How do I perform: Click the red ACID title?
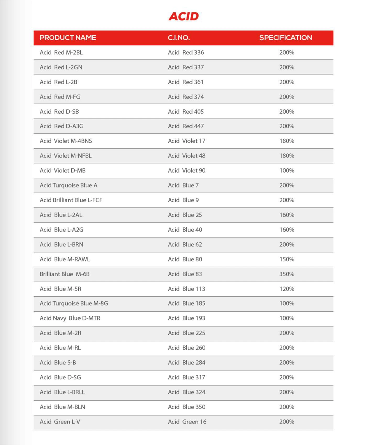tap(184, 16)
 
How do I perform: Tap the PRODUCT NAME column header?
tap(68, 38)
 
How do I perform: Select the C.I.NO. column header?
tap(179, 38)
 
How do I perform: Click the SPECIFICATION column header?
tap(285, 38)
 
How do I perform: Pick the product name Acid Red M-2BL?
tap(61, 52)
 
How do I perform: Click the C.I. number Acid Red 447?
tap(186, 126)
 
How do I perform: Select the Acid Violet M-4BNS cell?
tap(66, 141)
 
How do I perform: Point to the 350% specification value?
tap(287, 274)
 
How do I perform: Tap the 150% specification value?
tap(287, 259)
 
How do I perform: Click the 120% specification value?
tap(287, 289)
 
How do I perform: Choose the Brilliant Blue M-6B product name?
tap(64, 274)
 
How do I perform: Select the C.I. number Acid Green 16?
tap(187, 422)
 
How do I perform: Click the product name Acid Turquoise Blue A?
tap(68, 185)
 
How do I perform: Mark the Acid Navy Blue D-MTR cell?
tap(70, 318)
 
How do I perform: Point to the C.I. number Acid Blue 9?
tap(183, 200)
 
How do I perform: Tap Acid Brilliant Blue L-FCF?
tap(71, 200)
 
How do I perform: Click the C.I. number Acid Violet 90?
tap(186, 171)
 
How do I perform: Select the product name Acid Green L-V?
tap(60, 422)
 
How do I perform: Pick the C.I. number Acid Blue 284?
tap(186, 363)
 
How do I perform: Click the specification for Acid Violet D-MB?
tap(287, 171)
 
